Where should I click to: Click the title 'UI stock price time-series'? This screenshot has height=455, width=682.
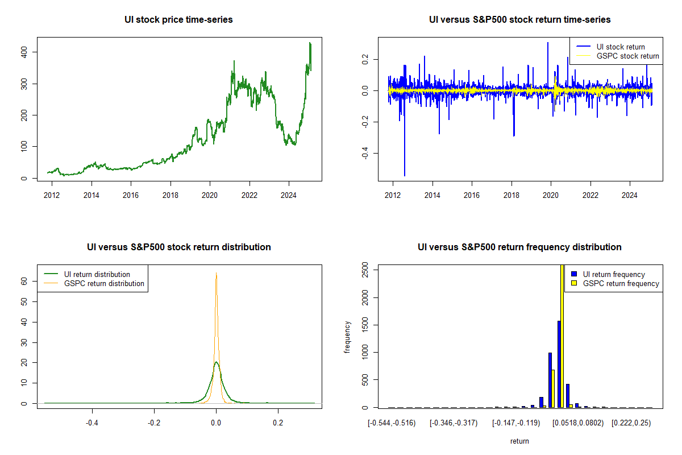click(x=178, y=20)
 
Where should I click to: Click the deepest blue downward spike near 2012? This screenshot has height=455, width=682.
click(x=405, y=173)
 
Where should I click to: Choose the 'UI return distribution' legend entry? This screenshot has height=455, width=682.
click(x=97, y=274)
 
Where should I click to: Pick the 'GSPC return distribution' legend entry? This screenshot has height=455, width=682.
click(x=104, y=283)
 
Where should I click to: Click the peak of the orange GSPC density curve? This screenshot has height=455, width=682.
click(x=216, y=273)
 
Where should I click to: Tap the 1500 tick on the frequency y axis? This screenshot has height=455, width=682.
click(x=367, y=325)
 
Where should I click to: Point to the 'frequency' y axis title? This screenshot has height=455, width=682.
click(x=347, y=337)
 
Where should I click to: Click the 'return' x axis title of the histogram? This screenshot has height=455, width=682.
click(x=519, y=441)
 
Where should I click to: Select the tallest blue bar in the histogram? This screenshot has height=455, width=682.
click(x=559, y=364)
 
